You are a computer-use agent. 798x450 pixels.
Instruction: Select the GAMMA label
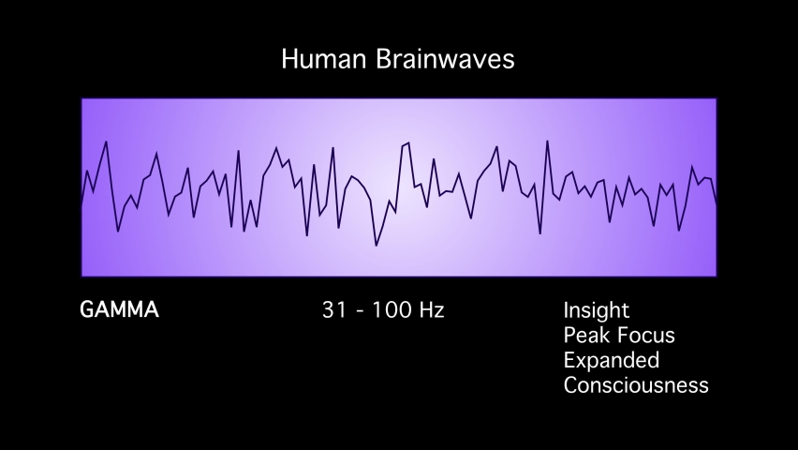pos(120,309)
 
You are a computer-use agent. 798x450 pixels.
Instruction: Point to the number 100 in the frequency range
pos(391,310)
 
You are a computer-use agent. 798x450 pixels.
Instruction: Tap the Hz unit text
pos(431,310)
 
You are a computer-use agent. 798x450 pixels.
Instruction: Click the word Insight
pos(597,310)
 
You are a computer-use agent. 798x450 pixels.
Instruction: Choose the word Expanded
pos(612,360)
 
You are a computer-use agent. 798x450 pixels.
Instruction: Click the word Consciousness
pos(636,384)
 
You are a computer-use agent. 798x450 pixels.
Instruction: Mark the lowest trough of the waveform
pos(377,246)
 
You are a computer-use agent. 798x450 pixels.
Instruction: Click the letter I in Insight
pos(567,310)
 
